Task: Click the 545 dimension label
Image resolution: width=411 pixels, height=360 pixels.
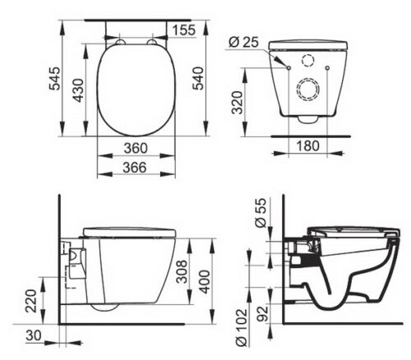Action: pos(54,78)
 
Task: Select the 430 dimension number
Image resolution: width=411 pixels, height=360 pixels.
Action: pos(79,90)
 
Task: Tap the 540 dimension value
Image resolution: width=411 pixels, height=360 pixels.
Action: pos(198,78)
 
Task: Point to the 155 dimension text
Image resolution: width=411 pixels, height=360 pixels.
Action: pos(184,30)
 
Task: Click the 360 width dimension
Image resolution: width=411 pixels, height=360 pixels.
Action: pos(136,148)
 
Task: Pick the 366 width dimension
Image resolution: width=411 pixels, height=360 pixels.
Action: pos(135,168)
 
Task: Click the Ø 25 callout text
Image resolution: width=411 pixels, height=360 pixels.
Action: pos(243,42)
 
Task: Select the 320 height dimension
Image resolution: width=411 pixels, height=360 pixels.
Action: pos(237,103)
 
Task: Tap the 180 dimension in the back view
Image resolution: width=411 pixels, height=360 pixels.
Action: pos(308,145)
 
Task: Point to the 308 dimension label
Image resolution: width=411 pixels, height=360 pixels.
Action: pos(182,271)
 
